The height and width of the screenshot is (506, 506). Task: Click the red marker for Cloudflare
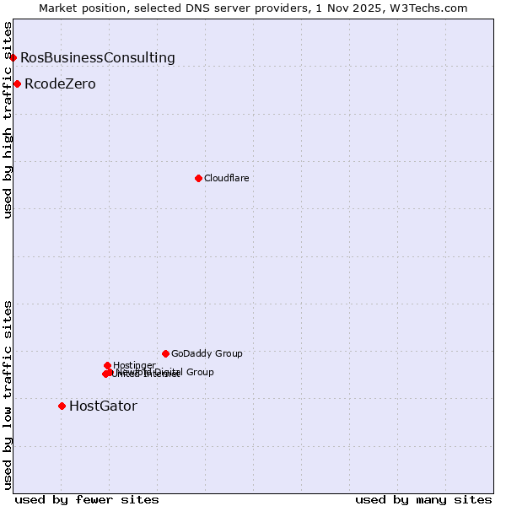pyautogui.click(x=198, y=178)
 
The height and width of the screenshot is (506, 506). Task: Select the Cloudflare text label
pyautogui.click(x=226, y=178)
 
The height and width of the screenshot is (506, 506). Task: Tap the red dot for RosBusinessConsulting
pyautogui.click(x=13, y=57)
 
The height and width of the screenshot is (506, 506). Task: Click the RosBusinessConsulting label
pyautogui.click(x=98, y=57)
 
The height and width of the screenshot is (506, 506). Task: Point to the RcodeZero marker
pyautogui.click(x=17, y=83)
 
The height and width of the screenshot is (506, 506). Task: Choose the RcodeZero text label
pyautogui.click(x=60, y=83)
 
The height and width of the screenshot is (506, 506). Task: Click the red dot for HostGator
pyautogui.click(x=62, y=406)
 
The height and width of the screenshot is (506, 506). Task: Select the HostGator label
pyautogui.click(x=103, y=406)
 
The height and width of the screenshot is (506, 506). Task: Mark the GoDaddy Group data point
pyautogui.click(x=165, y=353)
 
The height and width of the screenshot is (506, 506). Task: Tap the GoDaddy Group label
pyautogui.click(x=207, y=353)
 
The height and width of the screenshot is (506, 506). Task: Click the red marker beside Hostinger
pyautogui.click(x=107, y=365)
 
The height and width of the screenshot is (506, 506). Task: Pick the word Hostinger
pyautogui.click(x=134, y=365)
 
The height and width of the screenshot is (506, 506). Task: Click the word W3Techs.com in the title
pyautogui.click(x=433, y=8)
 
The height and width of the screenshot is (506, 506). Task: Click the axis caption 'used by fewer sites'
pyautogui.click(x=87, y=499)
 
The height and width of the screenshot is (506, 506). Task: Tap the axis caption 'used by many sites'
pyautogui.click(x=423, y=499)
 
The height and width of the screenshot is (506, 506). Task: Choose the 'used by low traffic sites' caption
pyautogui.click(x=8, y=394)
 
